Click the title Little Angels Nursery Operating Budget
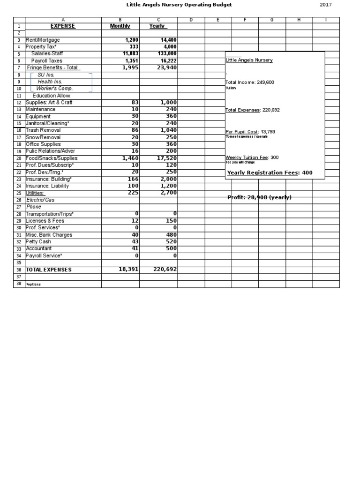tap(179, 5)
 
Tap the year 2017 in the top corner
tap(326, 5)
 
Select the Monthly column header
tap(120, 26)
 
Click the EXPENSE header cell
tap(63, 26)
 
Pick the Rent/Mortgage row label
tap(43, 40)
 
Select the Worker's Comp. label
tap(55, 89)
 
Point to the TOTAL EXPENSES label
tap(49, 270)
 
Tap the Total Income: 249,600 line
tap(250, 82)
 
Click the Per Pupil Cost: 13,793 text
tap(250, 132)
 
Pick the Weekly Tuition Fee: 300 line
tap(252, 157)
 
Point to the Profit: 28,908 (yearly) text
tap(259, 197)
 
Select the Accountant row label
tap(39, 248)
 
